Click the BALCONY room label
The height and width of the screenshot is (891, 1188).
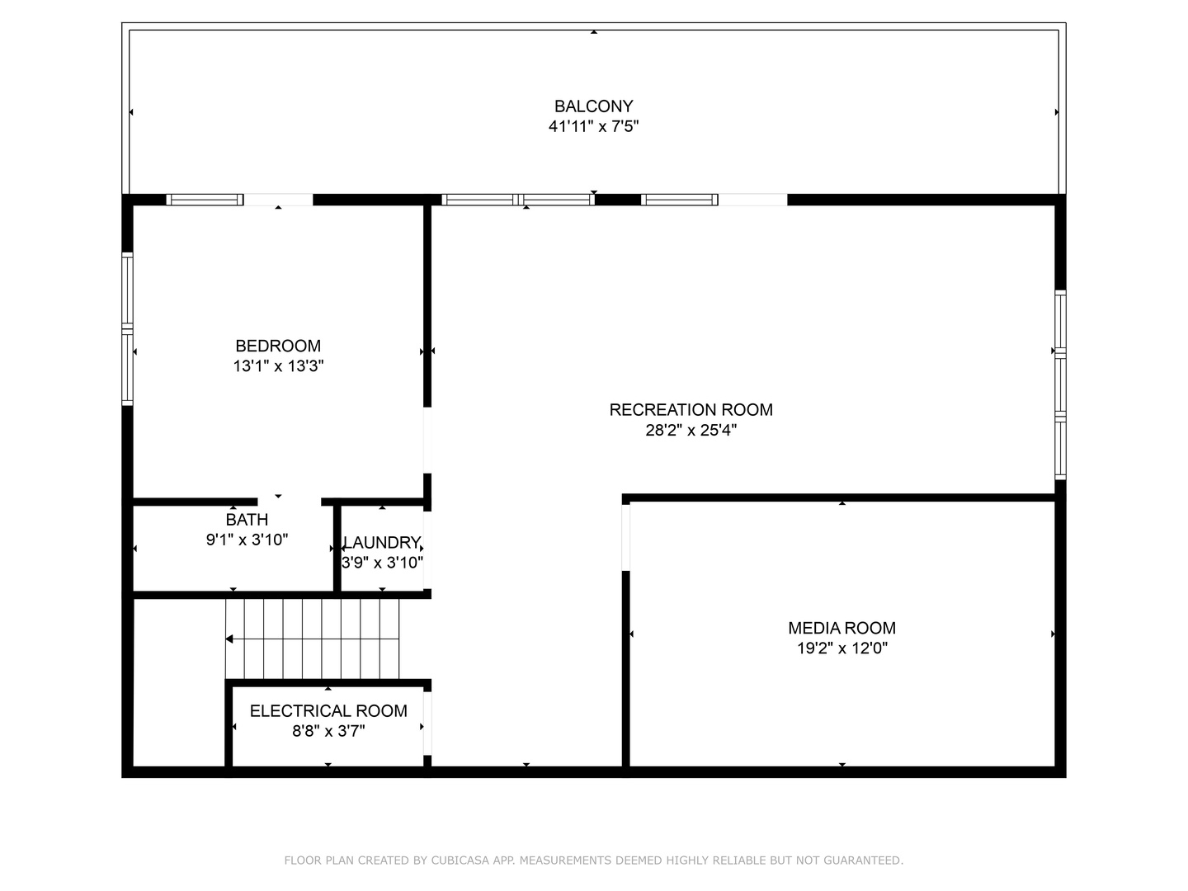(593, 106)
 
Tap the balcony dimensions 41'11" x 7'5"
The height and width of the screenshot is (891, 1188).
(593, 126)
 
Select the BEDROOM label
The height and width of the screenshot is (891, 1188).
(278, 346)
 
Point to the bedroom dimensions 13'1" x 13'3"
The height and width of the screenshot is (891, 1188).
(278, 366)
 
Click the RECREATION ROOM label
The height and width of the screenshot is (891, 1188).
(691, 409)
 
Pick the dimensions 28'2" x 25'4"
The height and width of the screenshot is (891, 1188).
(691, 430)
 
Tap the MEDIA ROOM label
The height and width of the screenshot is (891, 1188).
(841, 628)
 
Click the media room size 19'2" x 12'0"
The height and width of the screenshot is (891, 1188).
(841, 648)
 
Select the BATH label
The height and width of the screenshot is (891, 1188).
(247, 520)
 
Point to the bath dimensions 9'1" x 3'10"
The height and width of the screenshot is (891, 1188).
(247, 540)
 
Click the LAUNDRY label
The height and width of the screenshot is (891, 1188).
(382, 542)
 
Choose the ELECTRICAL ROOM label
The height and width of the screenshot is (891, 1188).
(328, 710)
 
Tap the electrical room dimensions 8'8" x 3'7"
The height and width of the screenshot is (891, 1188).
(328, 731)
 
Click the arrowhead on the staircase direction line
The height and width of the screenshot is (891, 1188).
(229, 639)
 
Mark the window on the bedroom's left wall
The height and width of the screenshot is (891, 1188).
(127, 328)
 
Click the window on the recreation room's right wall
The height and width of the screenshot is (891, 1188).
(1060, 384)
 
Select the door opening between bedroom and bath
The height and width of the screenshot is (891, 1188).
(289, 502)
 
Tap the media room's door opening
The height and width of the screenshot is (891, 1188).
(625, 537)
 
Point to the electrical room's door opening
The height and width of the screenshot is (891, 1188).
(427, 723)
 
